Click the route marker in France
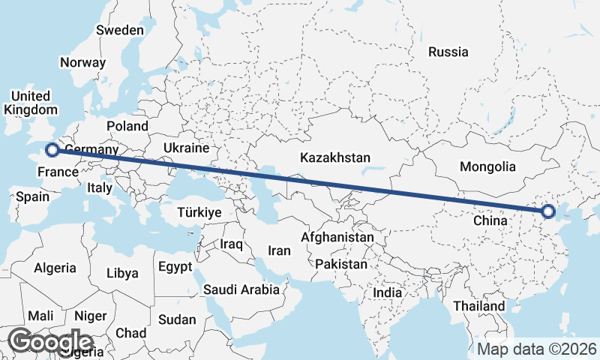click(52, 150)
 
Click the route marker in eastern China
click(547, 211)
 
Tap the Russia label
click(448, 52)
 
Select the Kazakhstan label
click(335, 157)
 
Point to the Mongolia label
click(488, 166)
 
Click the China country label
click(491, 221)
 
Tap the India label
click(391, 293)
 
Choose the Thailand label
click(479, 306)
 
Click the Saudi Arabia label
click(241, 289)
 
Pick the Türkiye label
click(199, 212)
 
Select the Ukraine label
click(185, 148)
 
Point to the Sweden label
click(119, 30)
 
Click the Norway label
click(82, 63)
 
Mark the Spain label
click(32, 197)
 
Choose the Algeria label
click(55, 268)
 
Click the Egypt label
click(175, 267)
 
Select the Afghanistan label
click(337, 237)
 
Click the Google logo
click(50, 341)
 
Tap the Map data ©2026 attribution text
click(537, 349)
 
